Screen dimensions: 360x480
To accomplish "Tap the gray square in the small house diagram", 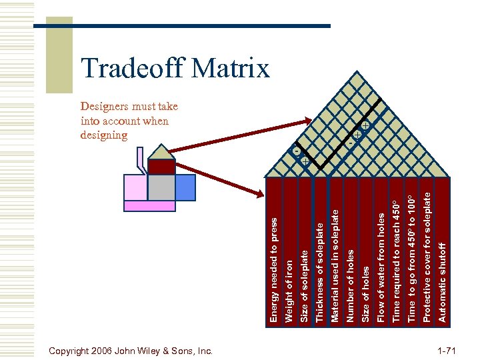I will pyautogui.click(x=161, y=187).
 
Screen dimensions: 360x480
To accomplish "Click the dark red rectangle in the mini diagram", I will pyautogui.click(x=161, y=167).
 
